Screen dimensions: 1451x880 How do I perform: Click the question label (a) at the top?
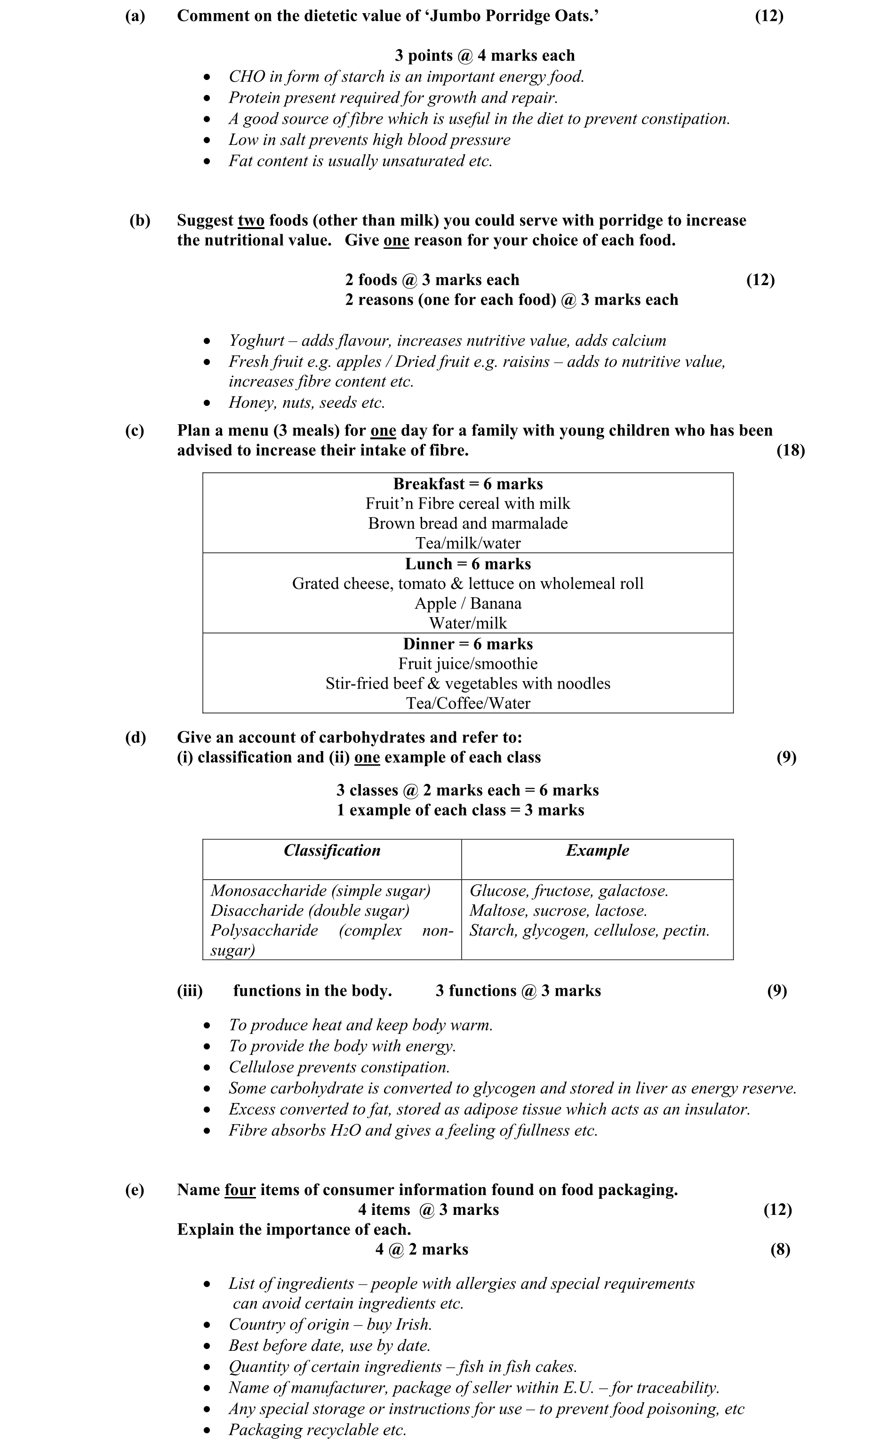pos(135,16)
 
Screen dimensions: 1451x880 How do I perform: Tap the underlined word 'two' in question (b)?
pos(250,221)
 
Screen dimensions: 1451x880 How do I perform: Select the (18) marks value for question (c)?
pos(790,451)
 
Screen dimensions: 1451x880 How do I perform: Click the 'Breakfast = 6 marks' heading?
pos(468,484)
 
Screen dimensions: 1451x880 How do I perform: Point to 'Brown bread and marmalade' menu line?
pos(468,523)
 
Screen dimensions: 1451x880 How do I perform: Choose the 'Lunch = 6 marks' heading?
pos(468,564)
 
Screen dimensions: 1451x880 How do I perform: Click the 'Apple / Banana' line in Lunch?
pos(468,603)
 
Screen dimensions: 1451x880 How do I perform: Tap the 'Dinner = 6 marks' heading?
pos(468,644)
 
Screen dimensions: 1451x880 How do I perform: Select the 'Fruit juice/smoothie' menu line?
pos(468,664)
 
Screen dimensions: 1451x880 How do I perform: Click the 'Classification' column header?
pos(332,851)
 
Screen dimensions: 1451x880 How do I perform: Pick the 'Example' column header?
pos(597,851)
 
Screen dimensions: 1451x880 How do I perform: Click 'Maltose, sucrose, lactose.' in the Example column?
pos(558,911)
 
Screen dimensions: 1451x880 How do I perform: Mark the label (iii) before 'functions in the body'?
pos(190,991)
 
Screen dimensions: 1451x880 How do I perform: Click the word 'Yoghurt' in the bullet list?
pos(257,341)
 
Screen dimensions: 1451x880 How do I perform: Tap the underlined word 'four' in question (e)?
pos(240,1190)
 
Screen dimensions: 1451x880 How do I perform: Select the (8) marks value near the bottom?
pos(780,1250)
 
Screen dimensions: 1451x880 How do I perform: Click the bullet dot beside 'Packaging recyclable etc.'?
pos(206,1430)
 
